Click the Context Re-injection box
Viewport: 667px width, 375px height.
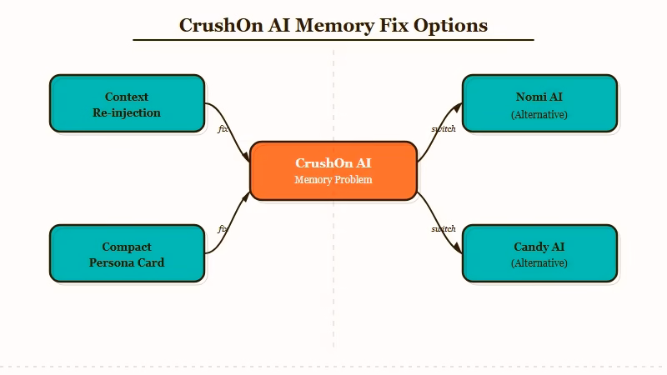coord(127,103)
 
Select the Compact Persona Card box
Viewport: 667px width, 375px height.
coord(127,253)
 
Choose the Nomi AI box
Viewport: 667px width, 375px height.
coord(539,103)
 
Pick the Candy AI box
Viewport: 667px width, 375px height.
coord(539,253)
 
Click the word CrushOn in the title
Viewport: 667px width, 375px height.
coord(221,25)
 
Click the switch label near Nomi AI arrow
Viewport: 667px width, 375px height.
coord(444,128)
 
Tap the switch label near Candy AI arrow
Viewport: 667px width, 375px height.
coord(444,228)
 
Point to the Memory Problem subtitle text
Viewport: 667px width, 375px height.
coord(333,180)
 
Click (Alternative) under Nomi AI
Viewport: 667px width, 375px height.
coord(539,114)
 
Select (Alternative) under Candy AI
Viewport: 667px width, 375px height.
coord(539,263)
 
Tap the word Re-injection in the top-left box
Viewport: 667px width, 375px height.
coord(127,112)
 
